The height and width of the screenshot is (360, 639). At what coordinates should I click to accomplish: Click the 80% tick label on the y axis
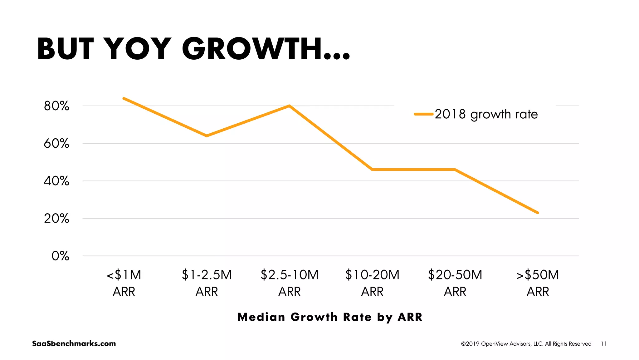point(56,106)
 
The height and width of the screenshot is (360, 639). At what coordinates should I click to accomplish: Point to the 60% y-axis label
point(56,144)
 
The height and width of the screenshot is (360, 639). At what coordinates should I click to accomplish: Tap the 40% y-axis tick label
point(56,181)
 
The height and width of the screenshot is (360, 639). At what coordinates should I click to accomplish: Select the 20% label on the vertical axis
point(56,219)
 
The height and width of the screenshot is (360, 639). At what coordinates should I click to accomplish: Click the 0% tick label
point(60,256)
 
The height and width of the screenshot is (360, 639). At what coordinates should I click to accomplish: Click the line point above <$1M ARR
point(124,98)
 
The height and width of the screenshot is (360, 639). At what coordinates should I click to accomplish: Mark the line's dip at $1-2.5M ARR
point(207,136)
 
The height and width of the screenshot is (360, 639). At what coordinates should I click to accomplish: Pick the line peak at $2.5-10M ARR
point(290,106)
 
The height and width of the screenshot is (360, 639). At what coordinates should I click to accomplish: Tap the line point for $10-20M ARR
point(372,170)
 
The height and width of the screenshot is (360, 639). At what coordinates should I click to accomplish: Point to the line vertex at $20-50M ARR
point(455,170)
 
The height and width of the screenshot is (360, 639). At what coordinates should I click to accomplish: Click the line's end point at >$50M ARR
point(538,213)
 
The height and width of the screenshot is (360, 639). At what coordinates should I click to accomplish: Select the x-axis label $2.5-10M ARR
point(290,283)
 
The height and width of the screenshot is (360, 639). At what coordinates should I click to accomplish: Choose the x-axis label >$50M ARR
point(538,283)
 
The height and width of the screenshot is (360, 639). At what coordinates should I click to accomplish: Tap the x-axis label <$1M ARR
point(124,283)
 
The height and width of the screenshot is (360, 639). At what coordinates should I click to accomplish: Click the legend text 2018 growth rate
point(486,114)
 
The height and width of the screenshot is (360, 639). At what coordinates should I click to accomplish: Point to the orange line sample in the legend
point(424,114)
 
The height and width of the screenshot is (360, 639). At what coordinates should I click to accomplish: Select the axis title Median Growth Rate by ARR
point(330,317)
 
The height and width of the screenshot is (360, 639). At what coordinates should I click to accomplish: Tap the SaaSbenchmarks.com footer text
point(74,343)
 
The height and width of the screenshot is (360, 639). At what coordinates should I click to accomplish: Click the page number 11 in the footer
point(604,344)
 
